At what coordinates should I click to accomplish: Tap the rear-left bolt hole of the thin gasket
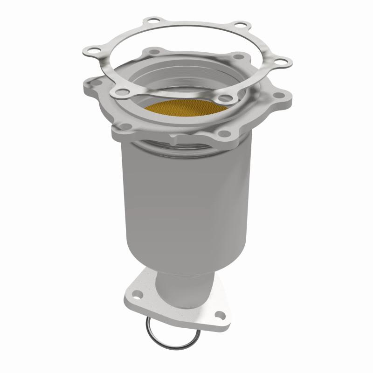[152, 21]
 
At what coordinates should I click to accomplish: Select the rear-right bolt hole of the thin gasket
[239, 26]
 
